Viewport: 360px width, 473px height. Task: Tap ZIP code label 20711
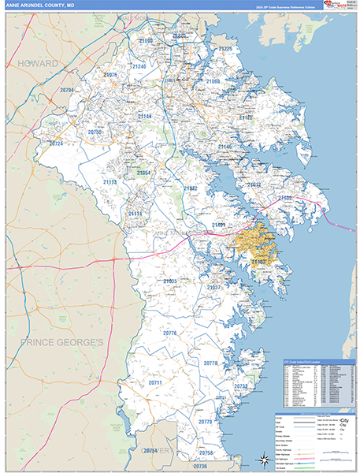[x=154, y=382]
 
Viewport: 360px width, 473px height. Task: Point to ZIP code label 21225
[x=227, y=49]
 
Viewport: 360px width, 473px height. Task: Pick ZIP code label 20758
[x=207, y=453]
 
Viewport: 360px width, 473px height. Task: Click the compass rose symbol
[x=263, y=456]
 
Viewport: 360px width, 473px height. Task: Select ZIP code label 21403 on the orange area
[x=261, y=261]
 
